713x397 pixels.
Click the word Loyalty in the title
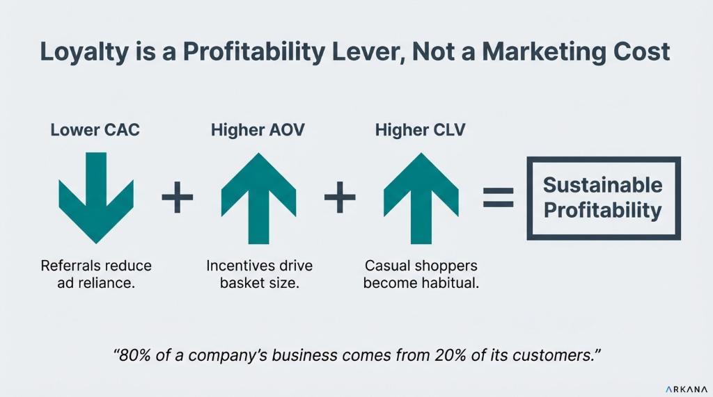coord(84,52)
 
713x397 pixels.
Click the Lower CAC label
coord(95,130)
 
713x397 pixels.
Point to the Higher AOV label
coord(258,130)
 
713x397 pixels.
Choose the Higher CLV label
coord(420,130)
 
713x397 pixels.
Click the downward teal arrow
coord(96,198)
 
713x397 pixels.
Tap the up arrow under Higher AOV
coord(258,199)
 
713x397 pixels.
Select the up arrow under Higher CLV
coord(421,199)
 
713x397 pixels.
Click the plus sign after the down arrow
coord(178,197)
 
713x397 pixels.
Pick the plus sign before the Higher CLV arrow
coord(340,197)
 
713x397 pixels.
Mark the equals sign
coord(499,197)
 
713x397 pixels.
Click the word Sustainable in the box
coord(603,185)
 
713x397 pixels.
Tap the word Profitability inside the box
coord(603,210)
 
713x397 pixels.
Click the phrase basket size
coord(259,283)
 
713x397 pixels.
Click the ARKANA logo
coord(687,389)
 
